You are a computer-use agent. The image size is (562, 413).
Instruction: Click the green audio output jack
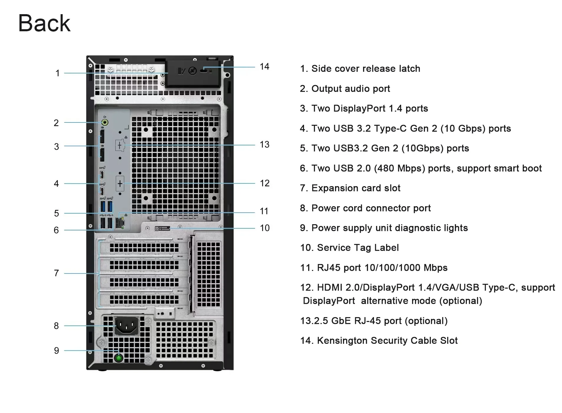click(105, 122)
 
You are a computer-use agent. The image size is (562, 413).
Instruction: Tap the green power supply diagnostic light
click(119, 358)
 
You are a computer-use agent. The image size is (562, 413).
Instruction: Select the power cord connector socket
click(127, 326)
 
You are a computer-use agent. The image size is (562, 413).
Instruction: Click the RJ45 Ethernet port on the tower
click(120, 223)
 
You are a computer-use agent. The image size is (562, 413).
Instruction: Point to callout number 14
click(264, 67)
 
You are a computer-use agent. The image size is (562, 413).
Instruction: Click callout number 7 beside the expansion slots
click(56, 273)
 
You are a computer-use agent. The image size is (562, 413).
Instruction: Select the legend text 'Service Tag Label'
click(358, 248)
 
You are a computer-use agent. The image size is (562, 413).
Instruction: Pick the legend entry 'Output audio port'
click(351, 89)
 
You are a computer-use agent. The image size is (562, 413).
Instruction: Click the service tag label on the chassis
click(163, 228)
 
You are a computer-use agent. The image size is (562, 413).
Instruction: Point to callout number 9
click(56, 350)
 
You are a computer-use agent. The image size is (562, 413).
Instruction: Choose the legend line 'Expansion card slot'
click(356, 188)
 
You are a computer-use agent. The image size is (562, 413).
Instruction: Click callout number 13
click(264, 145)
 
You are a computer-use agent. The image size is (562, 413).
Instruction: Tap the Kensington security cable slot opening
click(204, 71)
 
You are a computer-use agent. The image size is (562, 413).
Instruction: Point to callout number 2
click(56, 123)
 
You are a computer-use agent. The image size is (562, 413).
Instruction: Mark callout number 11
click(264, 211)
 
